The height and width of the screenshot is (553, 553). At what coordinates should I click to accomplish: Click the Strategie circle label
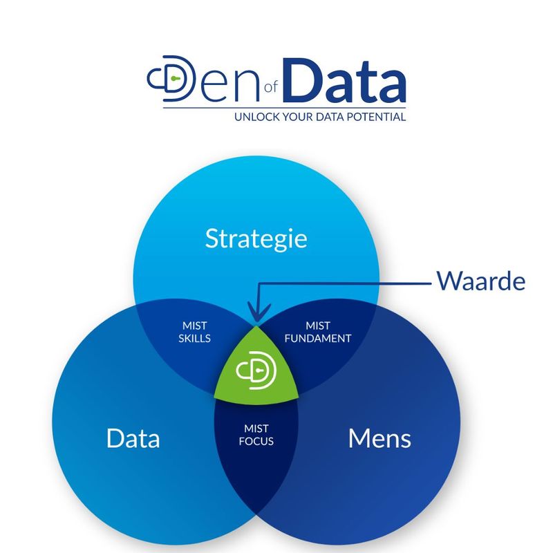[256, 239]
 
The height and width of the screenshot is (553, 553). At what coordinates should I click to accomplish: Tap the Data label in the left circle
[133, 438]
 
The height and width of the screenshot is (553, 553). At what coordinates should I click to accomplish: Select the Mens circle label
[379, 438]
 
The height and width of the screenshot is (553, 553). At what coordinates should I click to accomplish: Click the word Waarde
[480, 281]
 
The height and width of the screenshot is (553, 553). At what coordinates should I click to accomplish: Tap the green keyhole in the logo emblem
[176, 80]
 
